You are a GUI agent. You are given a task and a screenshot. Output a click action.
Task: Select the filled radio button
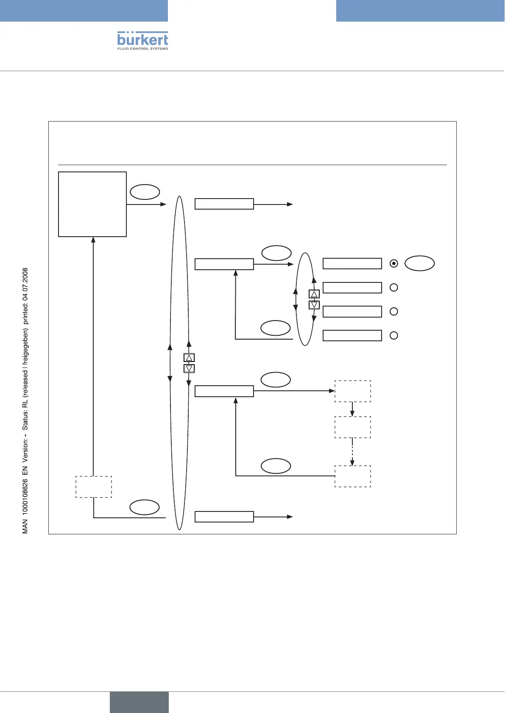[394, 263]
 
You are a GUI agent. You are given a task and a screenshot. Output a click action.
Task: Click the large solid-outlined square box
[92, 204]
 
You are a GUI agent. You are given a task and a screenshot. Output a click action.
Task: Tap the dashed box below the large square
[94, 487]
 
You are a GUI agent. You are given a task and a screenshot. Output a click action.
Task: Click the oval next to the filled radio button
[420, 263]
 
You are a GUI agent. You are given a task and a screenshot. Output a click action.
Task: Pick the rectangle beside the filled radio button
[352, 264]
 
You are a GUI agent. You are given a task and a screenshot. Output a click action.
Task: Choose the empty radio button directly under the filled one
[394, 287]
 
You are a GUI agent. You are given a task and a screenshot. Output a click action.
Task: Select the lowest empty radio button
[394, 335]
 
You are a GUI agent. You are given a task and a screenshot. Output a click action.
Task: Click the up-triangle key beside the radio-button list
[314, 294]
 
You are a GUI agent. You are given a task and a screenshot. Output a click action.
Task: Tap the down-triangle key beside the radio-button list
[314, 304]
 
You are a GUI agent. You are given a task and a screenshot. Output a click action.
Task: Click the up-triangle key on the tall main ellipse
[189, 358]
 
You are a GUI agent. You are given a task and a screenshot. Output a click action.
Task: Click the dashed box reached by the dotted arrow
[353, 476]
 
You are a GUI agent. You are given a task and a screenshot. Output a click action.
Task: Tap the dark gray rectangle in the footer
[139, 702]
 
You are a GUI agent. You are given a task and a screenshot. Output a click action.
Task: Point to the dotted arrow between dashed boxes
[352, 451]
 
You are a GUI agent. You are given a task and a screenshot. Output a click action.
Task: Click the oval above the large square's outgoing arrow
[145, 192]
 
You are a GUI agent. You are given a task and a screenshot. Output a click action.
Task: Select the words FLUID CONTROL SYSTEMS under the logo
[142, 49]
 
